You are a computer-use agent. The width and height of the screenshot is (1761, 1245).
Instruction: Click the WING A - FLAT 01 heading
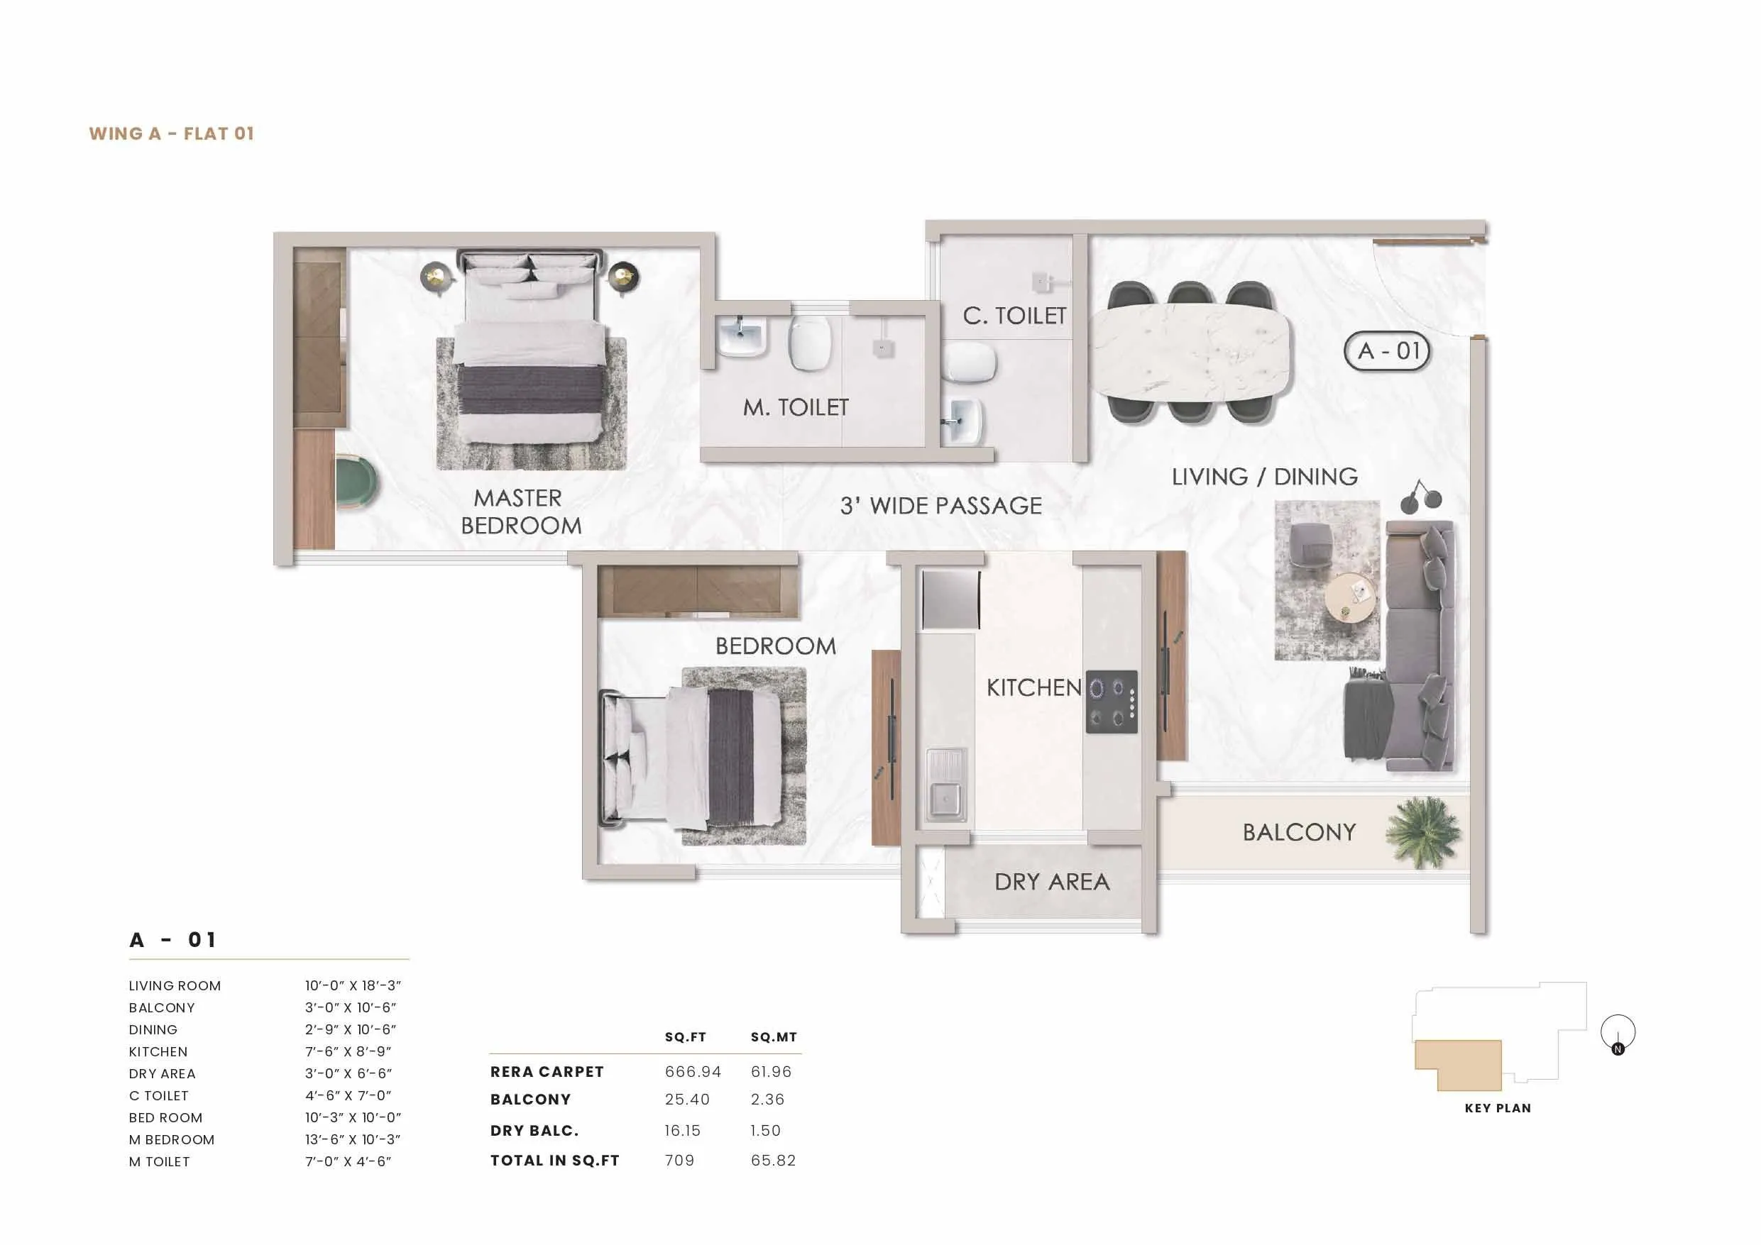[171, 133]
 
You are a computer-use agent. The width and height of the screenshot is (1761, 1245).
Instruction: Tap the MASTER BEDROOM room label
[520, 511]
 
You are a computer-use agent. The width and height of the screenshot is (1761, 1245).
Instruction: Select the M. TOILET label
[796, 407]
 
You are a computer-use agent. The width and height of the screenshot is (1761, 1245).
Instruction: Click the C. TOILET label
[1014, 315]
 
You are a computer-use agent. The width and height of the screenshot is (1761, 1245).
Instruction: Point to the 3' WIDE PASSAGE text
[940, 506]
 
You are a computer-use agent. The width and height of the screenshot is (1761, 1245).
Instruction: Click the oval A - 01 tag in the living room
[1387, 351]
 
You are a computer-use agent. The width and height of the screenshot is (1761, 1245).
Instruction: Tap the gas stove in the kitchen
[1112, 702]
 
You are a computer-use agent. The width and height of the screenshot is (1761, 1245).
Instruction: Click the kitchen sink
[945, 785]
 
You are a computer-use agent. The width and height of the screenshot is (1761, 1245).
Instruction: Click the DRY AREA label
[1051, 882]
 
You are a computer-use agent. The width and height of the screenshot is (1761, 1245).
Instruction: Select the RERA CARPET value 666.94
[693, 1072]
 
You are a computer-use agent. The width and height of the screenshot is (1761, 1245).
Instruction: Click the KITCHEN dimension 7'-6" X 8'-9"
[350, 1052]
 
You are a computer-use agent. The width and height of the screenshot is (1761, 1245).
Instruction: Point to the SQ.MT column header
[773, 1037]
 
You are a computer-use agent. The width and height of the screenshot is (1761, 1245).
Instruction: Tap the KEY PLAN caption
[1497, 1108]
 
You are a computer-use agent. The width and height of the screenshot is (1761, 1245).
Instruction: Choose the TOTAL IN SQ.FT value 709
[679, 1161]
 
